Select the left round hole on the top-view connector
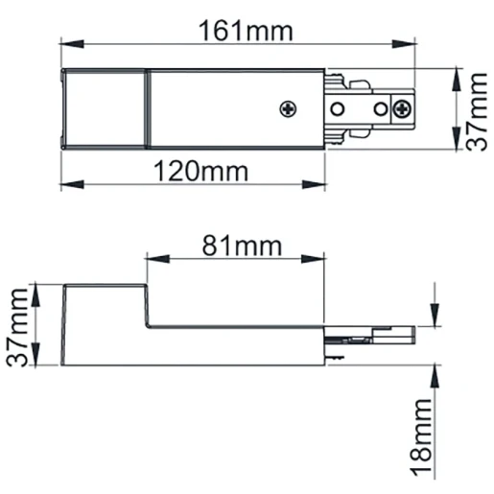(x=339, y=107)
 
